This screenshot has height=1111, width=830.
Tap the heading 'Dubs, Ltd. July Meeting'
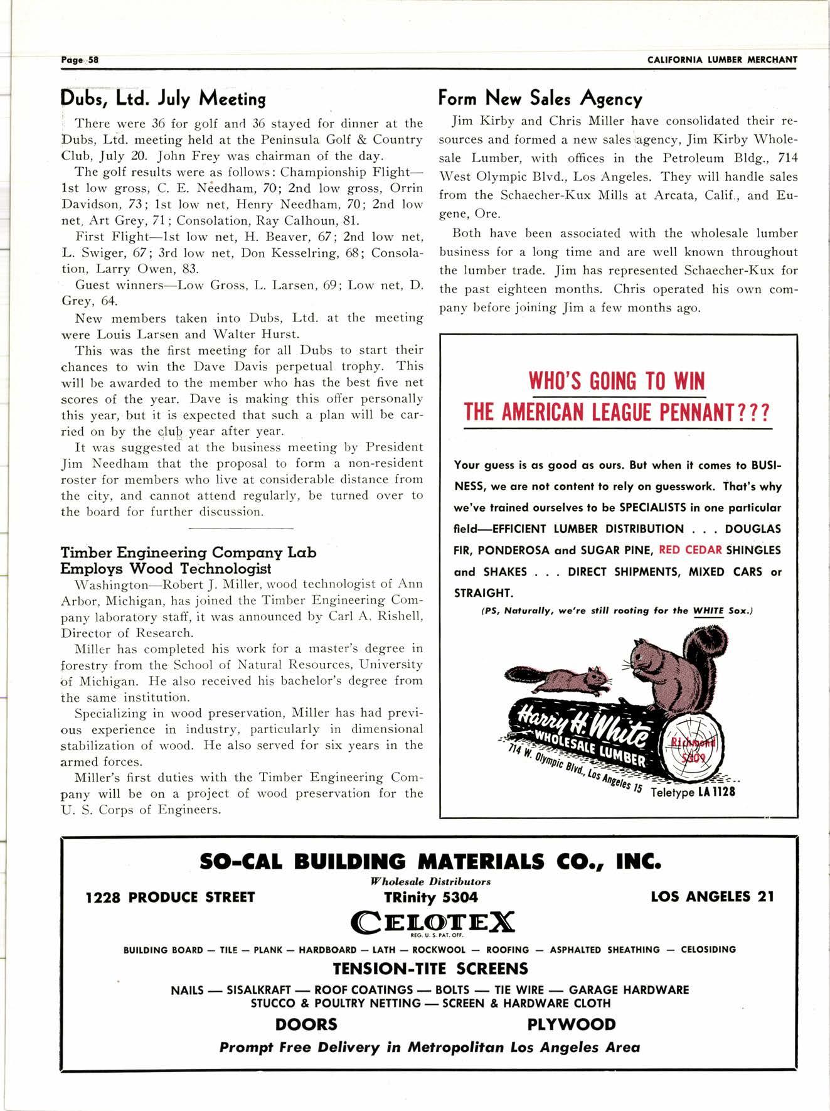click(x=163, y=99)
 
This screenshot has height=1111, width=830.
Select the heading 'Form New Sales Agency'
click(x=540, y=99)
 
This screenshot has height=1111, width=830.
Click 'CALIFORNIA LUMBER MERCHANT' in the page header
click(x=721, y=60)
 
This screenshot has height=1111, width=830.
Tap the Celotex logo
click(x=433, y=923)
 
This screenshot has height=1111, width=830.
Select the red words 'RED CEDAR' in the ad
click(x=691, y=550)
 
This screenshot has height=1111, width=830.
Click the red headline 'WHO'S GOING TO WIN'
click(x=617, y=381)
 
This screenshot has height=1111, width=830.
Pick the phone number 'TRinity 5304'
click(x=431, y=897)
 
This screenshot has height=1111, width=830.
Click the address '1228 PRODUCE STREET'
click(x=170, y=897)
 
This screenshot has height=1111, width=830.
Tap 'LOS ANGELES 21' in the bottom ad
click(x=712, y=896)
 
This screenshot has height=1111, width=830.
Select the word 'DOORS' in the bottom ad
click(x=306, y=1024)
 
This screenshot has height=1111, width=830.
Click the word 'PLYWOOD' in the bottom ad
click(x=571, y=1024)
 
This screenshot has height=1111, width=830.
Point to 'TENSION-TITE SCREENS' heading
click(x=430, y=969)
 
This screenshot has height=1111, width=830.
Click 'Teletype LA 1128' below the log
click(x=693, y=792)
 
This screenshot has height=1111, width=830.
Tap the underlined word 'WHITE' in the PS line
click(x=708, y=611)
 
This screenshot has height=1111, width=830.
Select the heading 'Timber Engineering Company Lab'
click(x=188, y=553)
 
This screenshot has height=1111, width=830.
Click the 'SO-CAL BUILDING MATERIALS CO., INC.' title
click(x=430, y=861)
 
